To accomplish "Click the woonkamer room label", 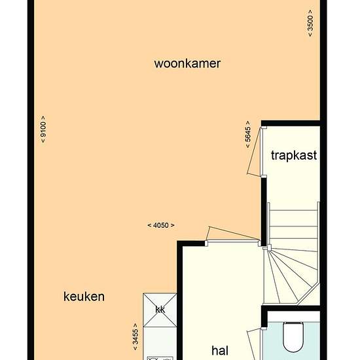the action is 187,63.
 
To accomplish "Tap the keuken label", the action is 84,297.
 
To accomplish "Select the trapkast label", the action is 294,156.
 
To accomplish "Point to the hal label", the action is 220,351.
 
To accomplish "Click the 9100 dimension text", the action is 43,129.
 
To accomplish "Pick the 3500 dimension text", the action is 310,23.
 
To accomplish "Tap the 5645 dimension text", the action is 248,135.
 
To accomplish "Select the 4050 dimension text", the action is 161,225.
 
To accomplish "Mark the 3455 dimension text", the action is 135,337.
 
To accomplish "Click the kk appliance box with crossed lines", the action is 160,310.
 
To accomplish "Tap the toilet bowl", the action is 293,337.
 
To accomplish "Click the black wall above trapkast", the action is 291,123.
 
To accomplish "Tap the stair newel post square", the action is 269,247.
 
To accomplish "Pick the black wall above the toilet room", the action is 291,308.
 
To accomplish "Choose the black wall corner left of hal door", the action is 180,243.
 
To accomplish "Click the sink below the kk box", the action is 160,358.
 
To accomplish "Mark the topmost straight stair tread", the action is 293,210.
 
